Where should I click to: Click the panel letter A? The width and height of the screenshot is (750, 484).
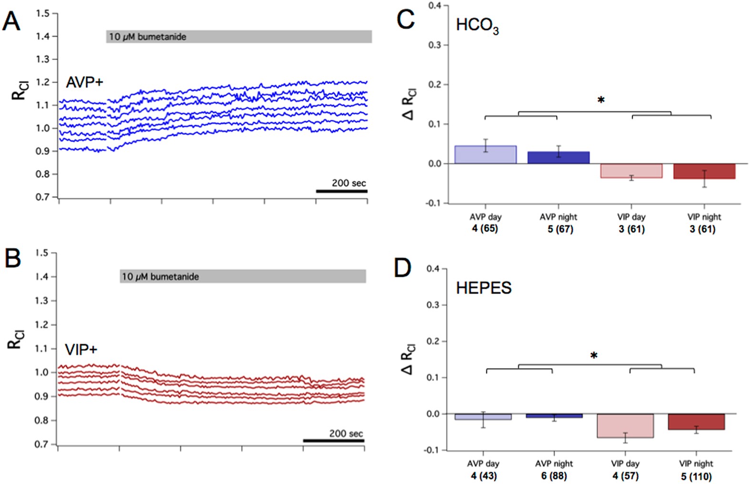coord(11,21)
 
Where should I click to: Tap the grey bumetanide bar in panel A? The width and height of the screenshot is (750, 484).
coord(239,37)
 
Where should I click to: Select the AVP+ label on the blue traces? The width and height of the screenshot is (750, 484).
coord(84,82)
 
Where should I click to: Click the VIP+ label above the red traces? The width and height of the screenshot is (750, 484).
coord(81,350)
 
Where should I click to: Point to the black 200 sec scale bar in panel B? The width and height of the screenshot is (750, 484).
coord(333,441)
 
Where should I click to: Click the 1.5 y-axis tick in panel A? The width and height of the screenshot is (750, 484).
coord(43,13)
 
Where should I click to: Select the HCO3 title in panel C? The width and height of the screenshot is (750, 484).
coord(477,25)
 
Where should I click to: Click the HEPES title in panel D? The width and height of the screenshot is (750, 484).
coord(483,288)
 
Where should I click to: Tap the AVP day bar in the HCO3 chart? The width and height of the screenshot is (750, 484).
coord(485,155)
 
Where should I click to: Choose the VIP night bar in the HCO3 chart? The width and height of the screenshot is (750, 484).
coord(704,171)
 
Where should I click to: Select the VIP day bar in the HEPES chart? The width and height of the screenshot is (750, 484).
coord(625,426)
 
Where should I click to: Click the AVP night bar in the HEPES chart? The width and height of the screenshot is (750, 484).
coord(554,416)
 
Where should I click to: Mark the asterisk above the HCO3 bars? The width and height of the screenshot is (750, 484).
coord(601,100)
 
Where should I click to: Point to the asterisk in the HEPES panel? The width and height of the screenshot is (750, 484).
coord(593,356)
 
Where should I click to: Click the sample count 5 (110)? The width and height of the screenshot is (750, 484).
coord(696,476)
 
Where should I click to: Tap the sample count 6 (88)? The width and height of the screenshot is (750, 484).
coord(554,475)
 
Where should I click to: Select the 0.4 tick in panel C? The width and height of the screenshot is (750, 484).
coord(435,6)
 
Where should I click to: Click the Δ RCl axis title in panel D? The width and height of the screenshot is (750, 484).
coord(409,359)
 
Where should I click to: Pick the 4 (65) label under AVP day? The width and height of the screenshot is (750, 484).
coord(485,229)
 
